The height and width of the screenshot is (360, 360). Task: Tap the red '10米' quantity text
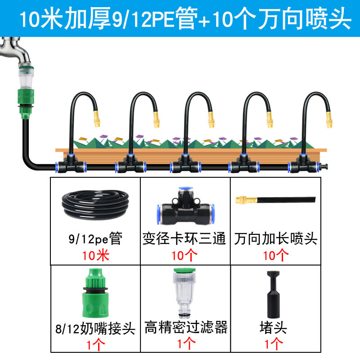95,256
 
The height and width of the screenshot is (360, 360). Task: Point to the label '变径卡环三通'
184,238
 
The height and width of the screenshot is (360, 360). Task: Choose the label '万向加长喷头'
275,238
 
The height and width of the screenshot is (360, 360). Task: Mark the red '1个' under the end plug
274,344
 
